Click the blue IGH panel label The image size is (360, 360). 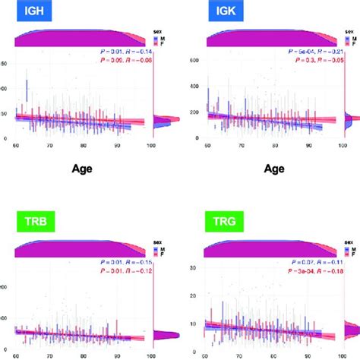25,14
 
